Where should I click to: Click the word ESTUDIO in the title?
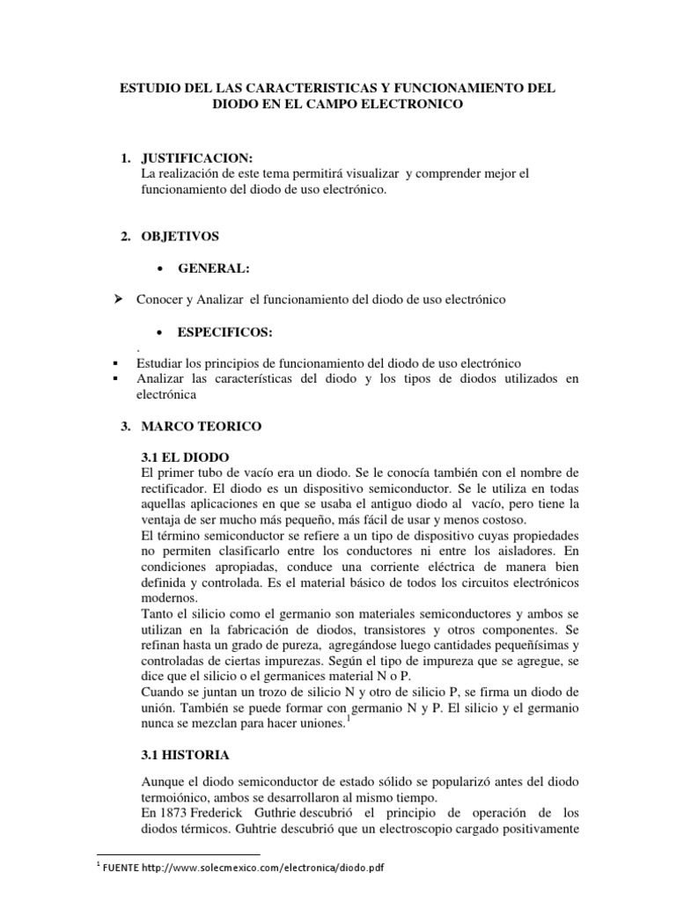click(147, 89)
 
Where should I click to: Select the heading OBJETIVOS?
click(180, 236)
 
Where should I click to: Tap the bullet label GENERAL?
click(213, 268)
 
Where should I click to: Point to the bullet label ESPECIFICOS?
click(225, 332)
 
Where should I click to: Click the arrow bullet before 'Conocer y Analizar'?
click(112, 299)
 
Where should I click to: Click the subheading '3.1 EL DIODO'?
click(185, 458)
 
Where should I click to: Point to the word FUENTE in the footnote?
click(121, 868)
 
